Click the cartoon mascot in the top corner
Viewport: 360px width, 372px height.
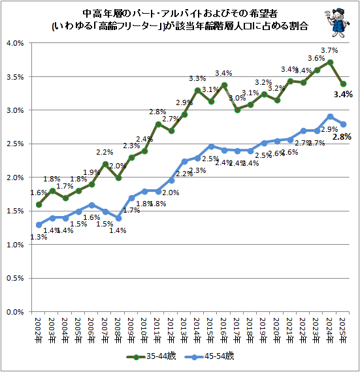(x=337, y=23)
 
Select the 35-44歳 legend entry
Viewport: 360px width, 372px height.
(x=152, y=356)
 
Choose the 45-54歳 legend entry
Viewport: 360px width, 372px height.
(x=210, y=356)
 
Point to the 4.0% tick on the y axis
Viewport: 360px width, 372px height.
(x=15, y=43)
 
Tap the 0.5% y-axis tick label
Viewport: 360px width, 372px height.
(x=15, y=278)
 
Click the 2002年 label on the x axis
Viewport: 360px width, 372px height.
(x=39, y=330)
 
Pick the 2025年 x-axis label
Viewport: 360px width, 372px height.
(x=343, y=330)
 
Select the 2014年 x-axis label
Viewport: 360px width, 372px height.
(x=197, y=330)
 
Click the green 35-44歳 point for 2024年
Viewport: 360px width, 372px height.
(x=330, y=63)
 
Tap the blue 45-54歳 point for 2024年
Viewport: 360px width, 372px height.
(x=330, y=116)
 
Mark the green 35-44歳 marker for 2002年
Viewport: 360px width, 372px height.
(x=39, y=204)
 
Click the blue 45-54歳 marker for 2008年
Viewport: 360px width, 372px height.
(x=118, y=218)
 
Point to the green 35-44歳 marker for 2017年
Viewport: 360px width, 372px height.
(x=237, y=110)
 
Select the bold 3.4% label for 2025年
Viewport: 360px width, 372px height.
(x=343, y=95)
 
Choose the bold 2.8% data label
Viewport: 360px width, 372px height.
(x=342, y=137)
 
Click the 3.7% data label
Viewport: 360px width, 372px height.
(x=329, y=50)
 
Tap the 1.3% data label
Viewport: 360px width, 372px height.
(x=39, y=237)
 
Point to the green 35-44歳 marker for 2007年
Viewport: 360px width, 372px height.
(x=105, y=164)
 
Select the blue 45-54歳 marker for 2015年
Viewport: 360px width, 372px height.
(x=211, y=146)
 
